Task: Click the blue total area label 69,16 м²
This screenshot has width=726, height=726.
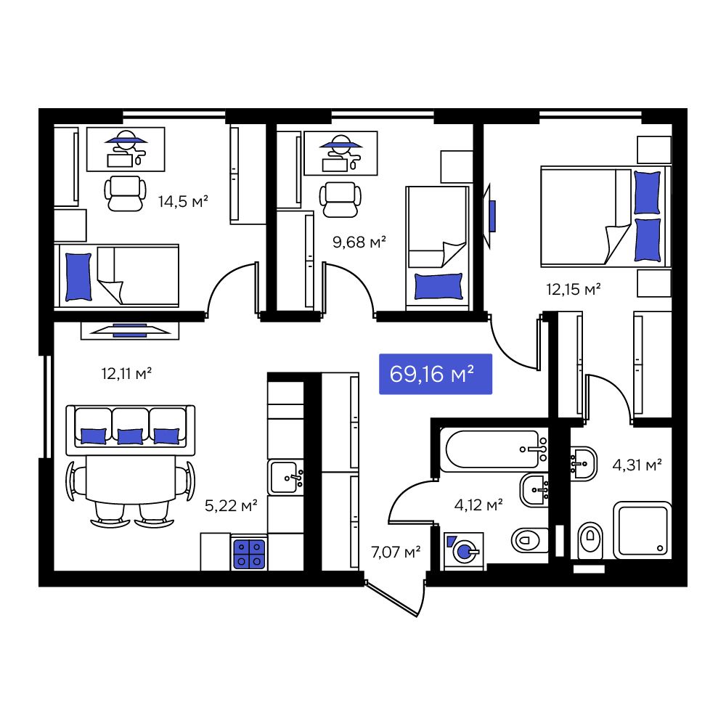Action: (x=436, y=375)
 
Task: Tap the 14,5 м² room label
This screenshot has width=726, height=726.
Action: (x=184, y=201)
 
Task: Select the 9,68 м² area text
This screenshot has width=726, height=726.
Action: (x=359, y=241)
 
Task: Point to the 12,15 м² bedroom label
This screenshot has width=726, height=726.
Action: (x=574, y=289)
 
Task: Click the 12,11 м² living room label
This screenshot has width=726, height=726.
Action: (x=126, y=374)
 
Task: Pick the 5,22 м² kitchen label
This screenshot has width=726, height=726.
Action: (x=232, y=506)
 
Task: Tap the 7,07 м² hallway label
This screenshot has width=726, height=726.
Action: (x=396, y=552)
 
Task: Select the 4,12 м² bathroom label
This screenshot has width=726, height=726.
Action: (x=478, y=505)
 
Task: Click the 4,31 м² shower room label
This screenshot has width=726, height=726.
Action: (x=637, y=465)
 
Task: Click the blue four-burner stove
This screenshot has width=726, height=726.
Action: (x=249, y=554)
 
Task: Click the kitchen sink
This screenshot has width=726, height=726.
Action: (x=286, y=477)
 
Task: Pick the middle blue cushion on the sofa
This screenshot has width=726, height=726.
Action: (x=130, y=436)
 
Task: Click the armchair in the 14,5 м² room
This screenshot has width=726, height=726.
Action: (x=123, y=193)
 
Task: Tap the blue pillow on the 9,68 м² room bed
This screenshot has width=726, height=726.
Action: (x=438, y=285)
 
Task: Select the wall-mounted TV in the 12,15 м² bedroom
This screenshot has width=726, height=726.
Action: (x=491, y=216)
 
